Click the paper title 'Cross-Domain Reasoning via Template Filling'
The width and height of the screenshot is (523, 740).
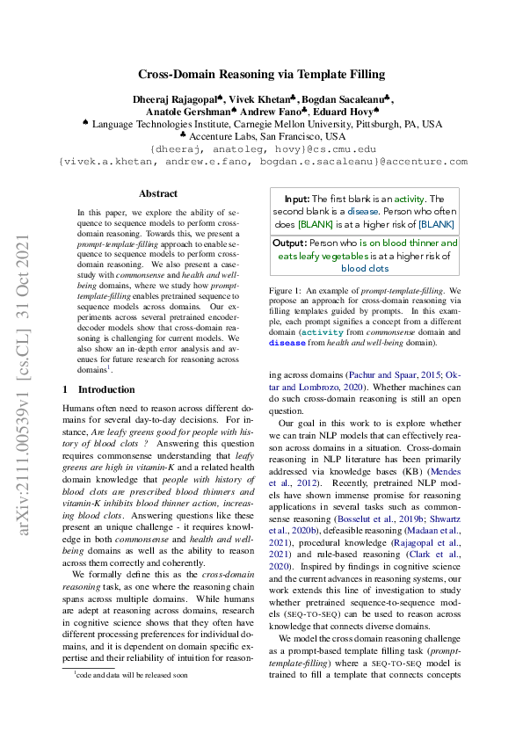click(262, 76)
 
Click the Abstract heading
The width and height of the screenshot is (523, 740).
click(159, 193)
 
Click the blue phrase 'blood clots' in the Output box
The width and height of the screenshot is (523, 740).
click(366, 268)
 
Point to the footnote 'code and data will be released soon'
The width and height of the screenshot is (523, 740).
click(131, 700)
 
